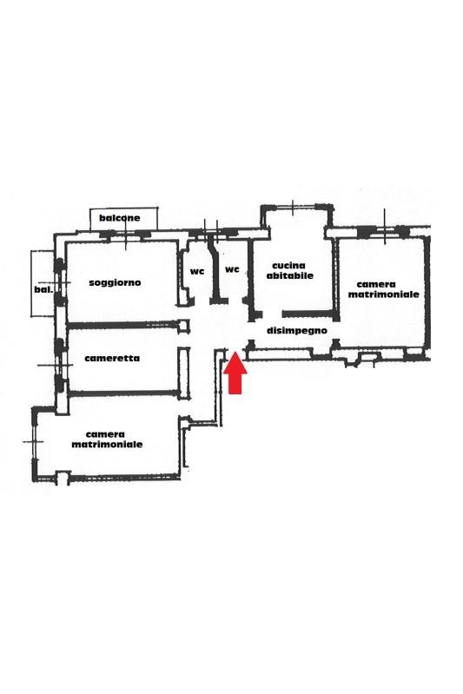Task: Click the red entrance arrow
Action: coord(235,373)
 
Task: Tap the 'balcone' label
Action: coord(120,218)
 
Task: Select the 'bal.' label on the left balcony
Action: coord(43,290)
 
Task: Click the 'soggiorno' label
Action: coord(115,282)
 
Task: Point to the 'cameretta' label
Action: coord(112,358)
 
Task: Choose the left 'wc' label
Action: coord(197,271)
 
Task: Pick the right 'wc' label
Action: coord(232,269)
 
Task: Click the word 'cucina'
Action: coord(288,266)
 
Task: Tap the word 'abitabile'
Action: coord(290,275)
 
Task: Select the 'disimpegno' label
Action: coord(297,331)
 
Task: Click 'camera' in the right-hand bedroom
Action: coord(376,285)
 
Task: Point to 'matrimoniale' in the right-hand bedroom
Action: coord(383,294)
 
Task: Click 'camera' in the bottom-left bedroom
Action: coord(105,434)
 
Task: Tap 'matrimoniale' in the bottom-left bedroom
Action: coord(107,445)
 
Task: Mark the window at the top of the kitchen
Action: coord(293,207)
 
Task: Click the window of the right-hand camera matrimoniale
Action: coord(384,230)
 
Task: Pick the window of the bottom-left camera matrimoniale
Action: coord(34,442)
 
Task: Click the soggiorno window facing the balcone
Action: coord(126,234)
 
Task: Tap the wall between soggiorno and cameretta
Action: coord(123,326)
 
